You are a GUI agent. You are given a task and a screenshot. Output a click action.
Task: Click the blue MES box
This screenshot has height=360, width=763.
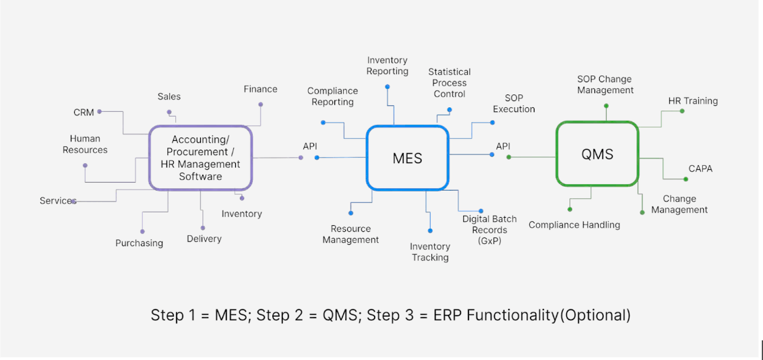click(407, 158)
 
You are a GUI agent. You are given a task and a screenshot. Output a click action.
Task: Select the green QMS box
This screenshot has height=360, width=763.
click(597, 154)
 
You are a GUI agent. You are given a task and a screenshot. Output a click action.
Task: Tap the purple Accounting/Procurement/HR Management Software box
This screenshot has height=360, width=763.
click(200, 158)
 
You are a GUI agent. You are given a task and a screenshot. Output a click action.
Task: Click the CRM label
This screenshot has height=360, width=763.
click(84, 113)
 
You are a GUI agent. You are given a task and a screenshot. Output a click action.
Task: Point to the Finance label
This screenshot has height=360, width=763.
click(260, 89)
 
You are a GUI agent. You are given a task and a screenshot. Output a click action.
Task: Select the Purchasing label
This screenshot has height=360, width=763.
click(139, 243)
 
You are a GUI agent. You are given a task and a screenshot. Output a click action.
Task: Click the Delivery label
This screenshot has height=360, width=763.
click(204, 239)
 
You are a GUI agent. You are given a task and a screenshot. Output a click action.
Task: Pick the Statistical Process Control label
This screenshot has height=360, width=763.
click(450, 83)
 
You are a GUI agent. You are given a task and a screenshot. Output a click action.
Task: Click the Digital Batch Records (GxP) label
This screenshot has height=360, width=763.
click(489, 229)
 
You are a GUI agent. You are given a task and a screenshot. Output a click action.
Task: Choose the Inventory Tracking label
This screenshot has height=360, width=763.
click(430, 252)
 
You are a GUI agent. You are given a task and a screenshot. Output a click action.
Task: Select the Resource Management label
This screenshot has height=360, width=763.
click(350, 235)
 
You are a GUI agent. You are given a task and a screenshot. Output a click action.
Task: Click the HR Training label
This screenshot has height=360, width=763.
click(693, 101)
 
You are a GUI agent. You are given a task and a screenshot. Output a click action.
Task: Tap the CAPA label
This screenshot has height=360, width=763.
click(700, 169)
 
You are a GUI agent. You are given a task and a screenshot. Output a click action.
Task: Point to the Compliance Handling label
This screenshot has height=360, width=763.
click(574, 224)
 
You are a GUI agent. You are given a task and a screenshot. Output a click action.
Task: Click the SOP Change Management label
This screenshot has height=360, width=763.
click(605, 85)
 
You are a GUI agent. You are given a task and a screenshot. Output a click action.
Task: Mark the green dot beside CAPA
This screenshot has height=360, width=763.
click(686, 179)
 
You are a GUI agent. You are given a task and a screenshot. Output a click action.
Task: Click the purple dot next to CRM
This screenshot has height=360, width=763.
click(100, 111)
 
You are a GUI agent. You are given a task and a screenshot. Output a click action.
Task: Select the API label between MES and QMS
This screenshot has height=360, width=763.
click(503, 146)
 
